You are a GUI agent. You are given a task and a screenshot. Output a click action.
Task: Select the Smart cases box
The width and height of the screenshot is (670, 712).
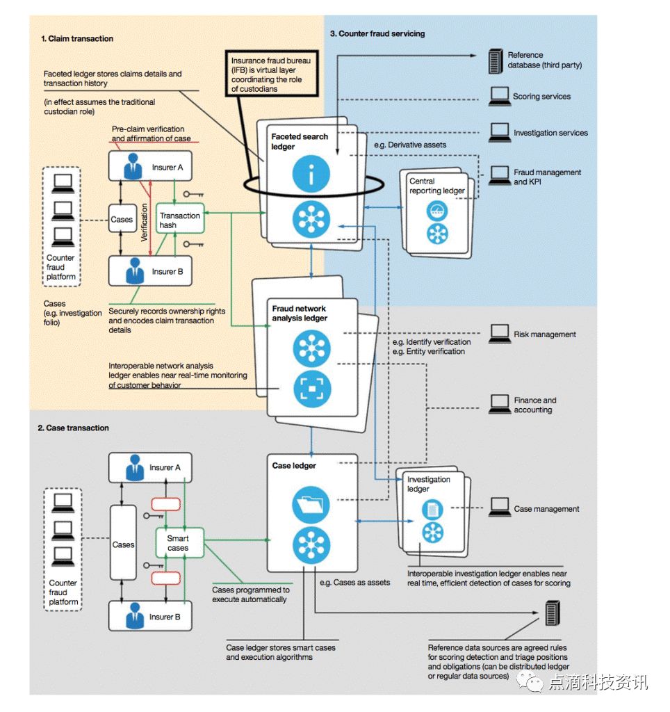[x=179, y=543]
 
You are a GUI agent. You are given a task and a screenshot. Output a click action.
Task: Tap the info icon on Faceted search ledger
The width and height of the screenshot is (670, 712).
[x=311, y=174]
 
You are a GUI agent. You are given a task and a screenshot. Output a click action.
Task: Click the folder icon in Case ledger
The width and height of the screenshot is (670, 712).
[x=311, y=505]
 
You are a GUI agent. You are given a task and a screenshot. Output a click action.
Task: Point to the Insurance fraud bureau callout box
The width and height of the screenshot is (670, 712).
[x=272, y=73]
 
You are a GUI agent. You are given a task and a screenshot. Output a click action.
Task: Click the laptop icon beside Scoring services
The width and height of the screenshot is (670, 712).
[x=500, y=96]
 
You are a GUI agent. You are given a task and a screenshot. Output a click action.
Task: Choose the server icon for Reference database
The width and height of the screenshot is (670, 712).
[x=496, y=61]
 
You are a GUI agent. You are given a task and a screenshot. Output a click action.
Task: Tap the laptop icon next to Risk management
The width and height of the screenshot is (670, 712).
[x=500, y=334]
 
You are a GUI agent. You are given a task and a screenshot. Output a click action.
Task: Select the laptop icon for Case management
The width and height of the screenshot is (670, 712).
[x=500, y=507]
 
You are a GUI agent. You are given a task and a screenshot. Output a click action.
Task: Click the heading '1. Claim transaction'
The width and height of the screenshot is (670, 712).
[x=77, y=39]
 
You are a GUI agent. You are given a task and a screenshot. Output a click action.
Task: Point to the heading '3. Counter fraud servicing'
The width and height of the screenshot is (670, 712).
[x=377, y=33]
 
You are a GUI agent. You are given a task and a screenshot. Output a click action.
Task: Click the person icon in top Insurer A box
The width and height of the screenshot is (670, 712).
[x=133, y=166]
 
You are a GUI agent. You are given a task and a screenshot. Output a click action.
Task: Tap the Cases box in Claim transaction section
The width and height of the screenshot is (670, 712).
[x=122, y=219]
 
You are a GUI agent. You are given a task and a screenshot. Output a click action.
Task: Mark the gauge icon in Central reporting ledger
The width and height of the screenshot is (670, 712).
[x=437, y=211]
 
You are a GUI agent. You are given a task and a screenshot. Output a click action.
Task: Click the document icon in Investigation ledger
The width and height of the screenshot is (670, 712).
[x=432, y=509]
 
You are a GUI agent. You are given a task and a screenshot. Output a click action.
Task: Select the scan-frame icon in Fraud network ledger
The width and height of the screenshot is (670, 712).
[x=311, y=389]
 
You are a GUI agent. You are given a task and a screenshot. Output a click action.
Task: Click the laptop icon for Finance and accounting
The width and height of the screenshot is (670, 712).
[x=500, y=404]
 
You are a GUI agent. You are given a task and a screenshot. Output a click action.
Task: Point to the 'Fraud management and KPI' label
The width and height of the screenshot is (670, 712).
[x=547, y=177]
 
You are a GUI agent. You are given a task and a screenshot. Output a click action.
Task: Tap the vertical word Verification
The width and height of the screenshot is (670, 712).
[x=145, y=222]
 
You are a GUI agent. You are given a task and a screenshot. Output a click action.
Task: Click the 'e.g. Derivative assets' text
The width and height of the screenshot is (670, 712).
[x=410, y=145]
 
